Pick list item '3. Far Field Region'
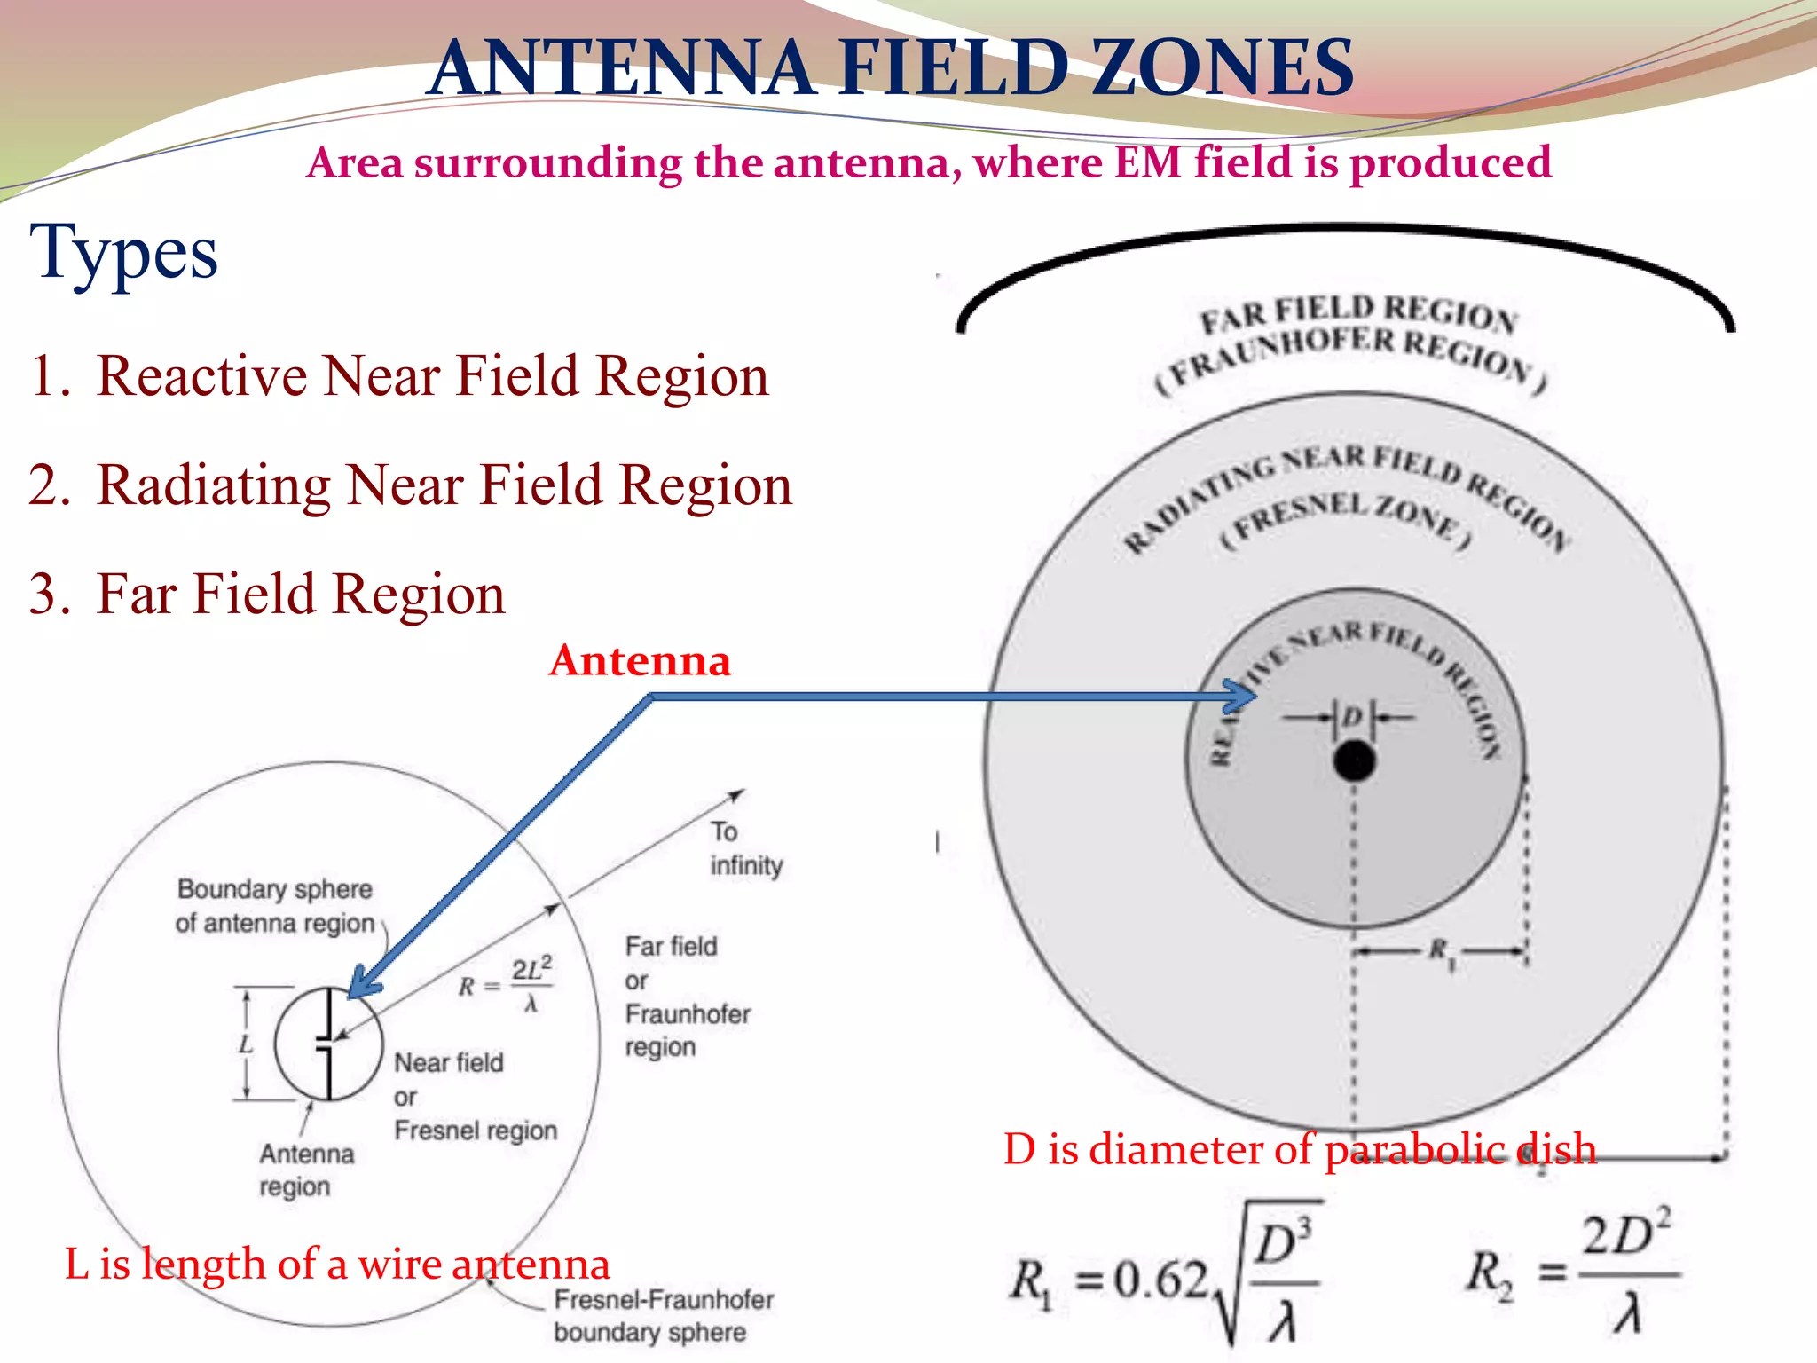coord(266,594)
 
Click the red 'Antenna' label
coord(640,661)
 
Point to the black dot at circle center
coord(1354,761)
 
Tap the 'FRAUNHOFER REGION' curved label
coord(1350,355)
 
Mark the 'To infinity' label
coord(745,848)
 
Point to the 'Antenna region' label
coord(306,1170)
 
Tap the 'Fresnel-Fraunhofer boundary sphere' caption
coord(663,1315)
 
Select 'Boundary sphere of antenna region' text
coord(275,906)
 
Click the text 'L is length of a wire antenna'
coord(337,1264)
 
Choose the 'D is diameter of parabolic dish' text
coord(1300,1149)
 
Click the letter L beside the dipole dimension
coord(246,1044)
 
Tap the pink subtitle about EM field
coord(929,162)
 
